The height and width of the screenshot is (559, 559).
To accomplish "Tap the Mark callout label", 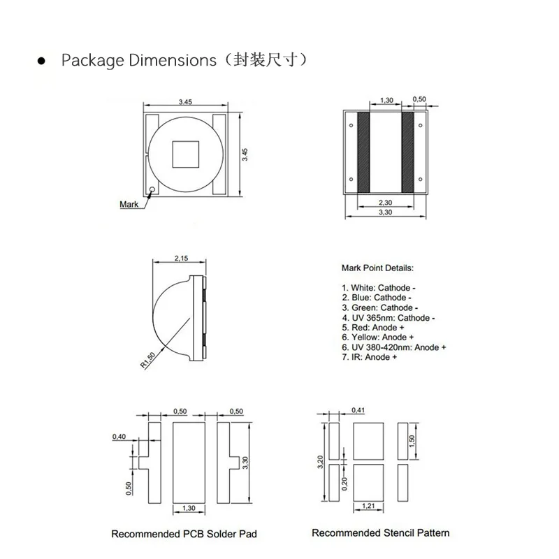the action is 129,204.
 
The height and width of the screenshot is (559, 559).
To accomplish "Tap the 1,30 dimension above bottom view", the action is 384,100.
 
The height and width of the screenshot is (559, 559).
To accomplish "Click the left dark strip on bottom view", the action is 363,152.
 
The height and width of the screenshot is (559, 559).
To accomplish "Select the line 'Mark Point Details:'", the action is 377,268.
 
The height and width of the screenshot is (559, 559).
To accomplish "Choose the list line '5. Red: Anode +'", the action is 373,327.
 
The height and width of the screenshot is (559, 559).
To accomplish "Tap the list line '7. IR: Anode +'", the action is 369,356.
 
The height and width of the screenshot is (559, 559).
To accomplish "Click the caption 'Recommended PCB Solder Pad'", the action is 184,534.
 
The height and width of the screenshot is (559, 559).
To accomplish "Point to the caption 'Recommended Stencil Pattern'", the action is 380,532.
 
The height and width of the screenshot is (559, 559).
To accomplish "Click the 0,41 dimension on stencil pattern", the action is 358,409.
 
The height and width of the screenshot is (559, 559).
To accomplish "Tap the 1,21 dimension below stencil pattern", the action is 369,505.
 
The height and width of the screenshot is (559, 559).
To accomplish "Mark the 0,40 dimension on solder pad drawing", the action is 119,437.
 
